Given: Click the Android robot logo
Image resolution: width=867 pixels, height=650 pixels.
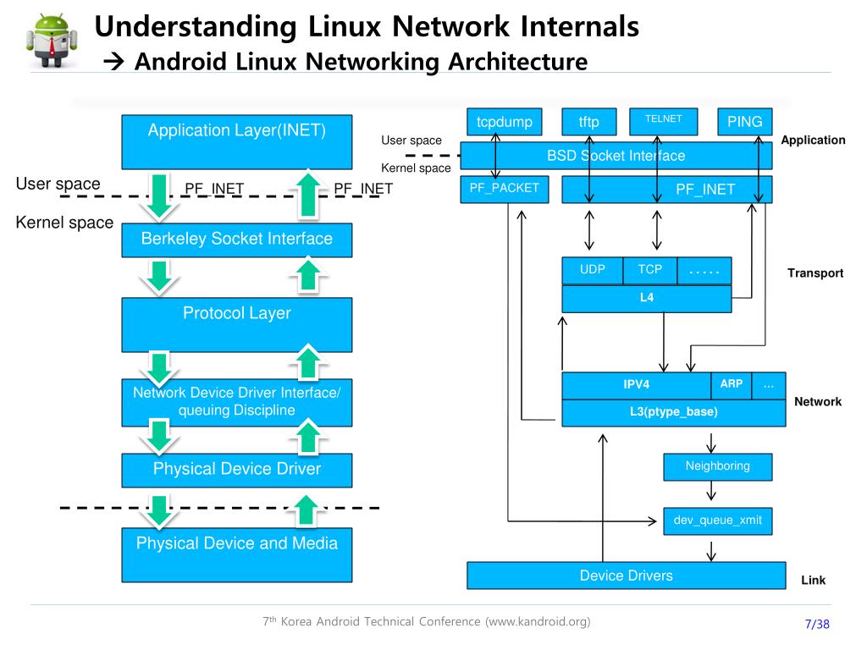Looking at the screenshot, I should coord(51,40).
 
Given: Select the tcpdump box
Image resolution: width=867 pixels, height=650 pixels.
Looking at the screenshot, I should coord(505,122).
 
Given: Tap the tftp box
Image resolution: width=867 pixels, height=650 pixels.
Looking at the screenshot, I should coord(589,122).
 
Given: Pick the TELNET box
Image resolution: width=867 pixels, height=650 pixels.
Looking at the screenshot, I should coord(664,122).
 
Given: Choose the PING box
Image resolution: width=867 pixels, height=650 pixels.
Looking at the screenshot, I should coord(745,122).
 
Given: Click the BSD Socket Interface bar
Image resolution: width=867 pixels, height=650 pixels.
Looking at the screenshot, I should coord(616,156).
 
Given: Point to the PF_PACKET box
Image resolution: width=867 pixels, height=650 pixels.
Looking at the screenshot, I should coord(505,190).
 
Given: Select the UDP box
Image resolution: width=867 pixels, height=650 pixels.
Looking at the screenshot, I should coord(593,271).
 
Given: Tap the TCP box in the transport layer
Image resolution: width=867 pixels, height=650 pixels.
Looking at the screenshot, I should coord(650,271).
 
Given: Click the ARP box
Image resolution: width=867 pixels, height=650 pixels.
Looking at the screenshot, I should coord(732,385).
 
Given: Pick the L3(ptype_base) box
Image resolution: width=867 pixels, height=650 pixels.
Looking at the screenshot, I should coord(674,413).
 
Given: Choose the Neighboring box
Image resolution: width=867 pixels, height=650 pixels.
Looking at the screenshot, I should coord(718,467).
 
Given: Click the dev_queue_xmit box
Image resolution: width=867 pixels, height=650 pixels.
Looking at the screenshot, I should coord(718,521).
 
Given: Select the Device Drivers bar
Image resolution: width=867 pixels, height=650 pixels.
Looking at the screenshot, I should coord(627,576).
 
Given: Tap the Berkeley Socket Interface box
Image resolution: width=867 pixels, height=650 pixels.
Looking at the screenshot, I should coord(237,240).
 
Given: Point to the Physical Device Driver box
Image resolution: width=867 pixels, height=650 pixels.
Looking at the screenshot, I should coord(237,470).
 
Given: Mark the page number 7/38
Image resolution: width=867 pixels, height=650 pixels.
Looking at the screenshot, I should coord(817,625).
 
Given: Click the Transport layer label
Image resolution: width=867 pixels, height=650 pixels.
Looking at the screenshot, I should coord(815,273).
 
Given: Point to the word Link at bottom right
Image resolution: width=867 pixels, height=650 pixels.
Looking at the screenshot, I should coord(814,581).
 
